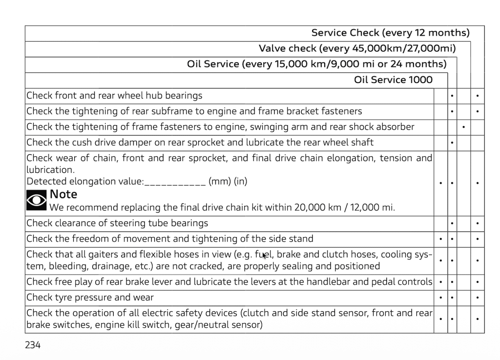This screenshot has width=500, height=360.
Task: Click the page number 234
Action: click(33, 345)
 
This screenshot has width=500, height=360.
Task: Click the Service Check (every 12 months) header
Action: click(390, 33)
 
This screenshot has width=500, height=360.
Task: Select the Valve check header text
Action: click(356, 49)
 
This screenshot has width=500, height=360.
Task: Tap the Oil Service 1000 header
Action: click(393, 80)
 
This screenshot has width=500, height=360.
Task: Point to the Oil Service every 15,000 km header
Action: click(316, 64)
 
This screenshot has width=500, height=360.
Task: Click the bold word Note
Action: click(63, 194)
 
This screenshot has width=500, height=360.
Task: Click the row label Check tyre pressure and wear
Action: click(90, 297)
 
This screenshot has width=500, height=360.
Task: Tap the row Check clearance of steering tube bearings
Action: click(117, 223)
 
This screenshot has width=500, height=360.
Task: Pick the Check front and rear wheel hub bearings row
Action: click(114, 96)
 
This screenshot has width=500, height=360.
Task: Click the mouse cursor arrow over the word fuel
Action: click(264, 255)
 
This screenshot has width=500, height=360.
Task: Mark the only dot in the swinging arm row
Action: click(463, 127)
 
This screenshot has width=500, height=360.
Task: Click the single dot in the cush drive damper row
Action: click(452, 143)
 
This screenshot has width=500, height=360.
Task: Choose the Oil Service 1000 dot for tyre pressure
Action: click(440, 297)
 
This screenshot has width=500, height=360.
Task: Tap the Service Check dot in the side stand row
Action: click(477, 239)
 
